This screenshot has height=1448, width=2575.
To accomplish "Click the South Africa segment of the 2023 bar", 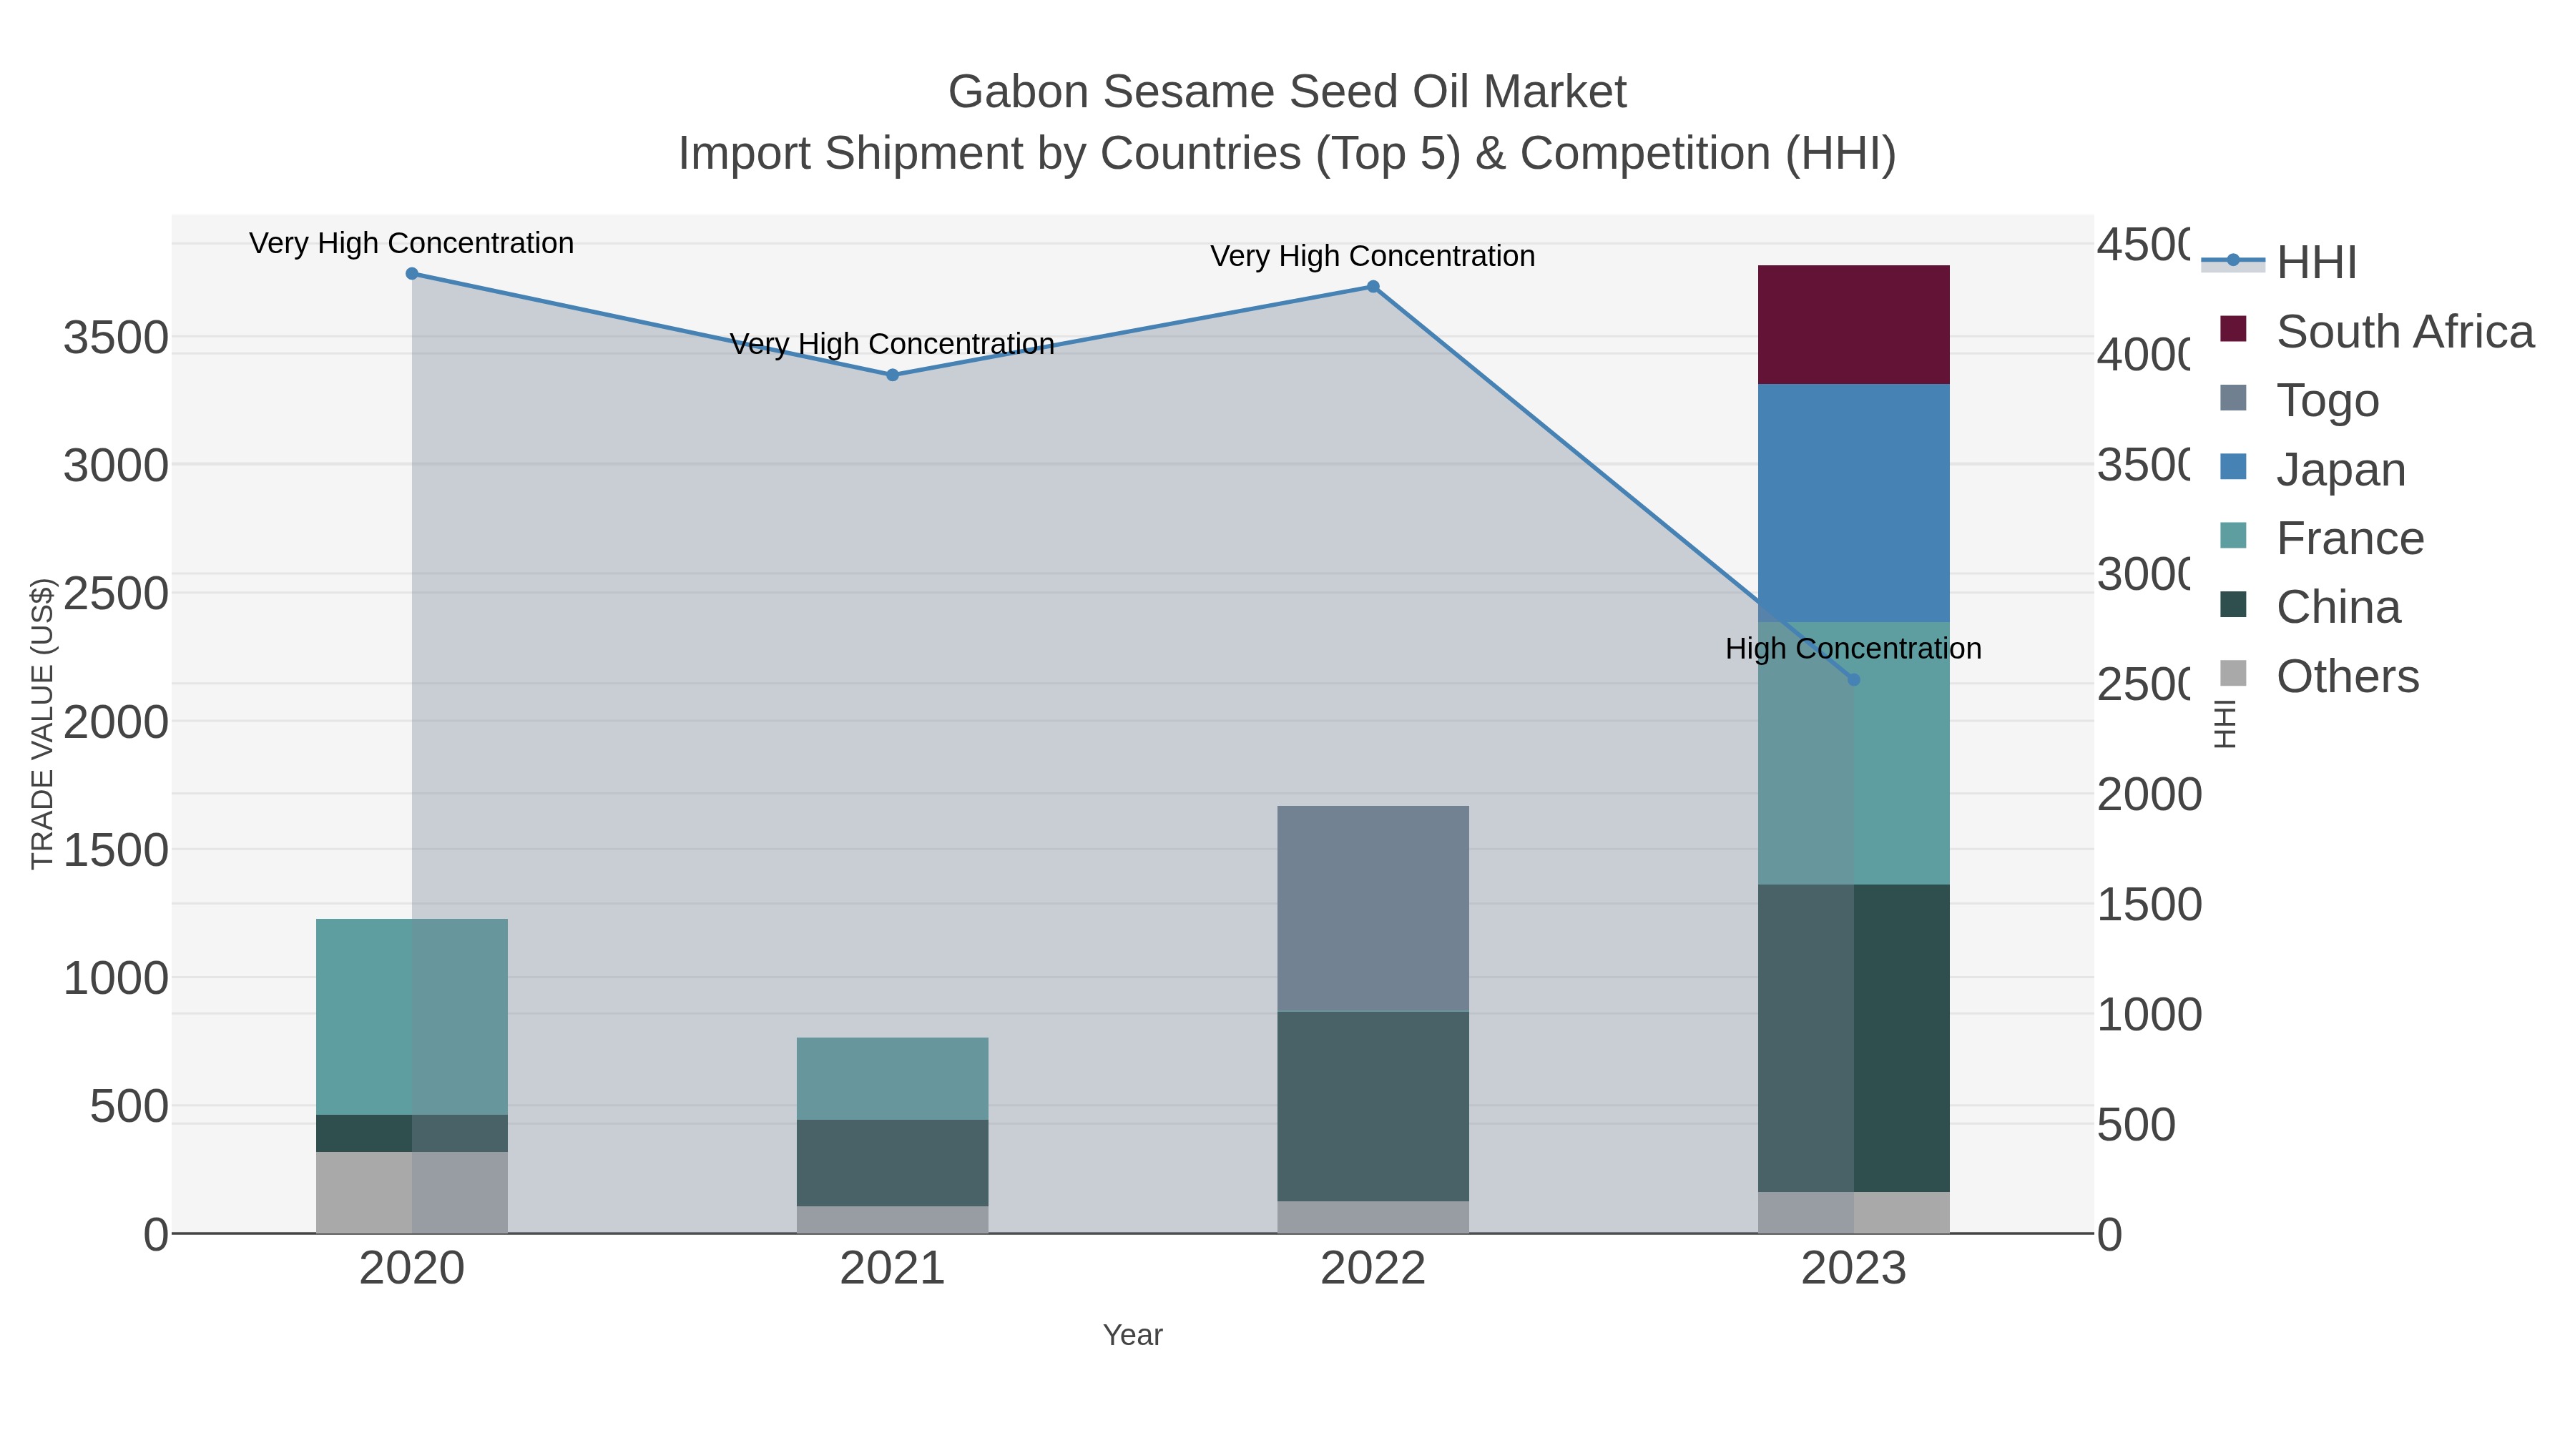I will (x=1853, y=325).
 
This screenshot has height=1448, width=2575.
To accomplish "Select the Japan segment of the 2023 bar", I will (x=1853, y=503).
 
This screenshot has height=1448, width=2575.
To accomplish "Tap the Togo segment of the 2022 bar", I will (x=1373, y=908).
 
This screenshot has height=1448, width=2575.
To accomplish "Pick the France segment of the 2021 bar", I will (x=892, y=1078).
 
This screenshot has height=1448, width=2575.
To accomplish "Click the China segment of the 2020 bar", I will (x=411, y=1133).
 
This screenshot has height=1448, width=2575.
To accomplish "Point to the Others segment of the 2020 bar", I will (x=411, y=1192).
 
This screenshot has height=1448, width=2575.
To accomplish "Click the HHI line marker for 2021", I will (x=893, y=375).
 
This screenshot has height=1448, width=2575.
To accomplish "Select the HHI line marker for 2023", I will (x=1853, y=679).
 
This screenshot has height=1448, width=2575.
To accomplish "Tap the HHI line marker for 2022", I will (x=1373, y=287).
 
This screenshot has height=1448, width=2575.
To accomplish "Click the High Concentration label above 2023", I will (x=1853, y=649).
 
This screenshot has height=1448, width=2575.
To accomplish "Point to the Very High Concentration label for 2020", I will (x=411, y=243).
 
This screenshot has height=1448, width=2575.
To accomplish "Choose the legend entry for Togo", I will (x=2327, y=400).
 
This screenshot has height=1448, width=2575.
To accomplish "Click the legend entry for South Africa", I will (x=2404, y=332).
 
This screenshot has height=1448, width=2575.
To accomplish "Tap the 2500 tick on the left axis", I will (x=116, y=594).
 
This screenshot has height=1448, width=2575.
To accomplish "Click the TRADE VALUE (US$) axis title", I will (x=42, y=724).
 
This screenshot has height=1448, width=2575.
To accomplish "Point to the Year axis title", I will (x=1132, y=1335).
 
